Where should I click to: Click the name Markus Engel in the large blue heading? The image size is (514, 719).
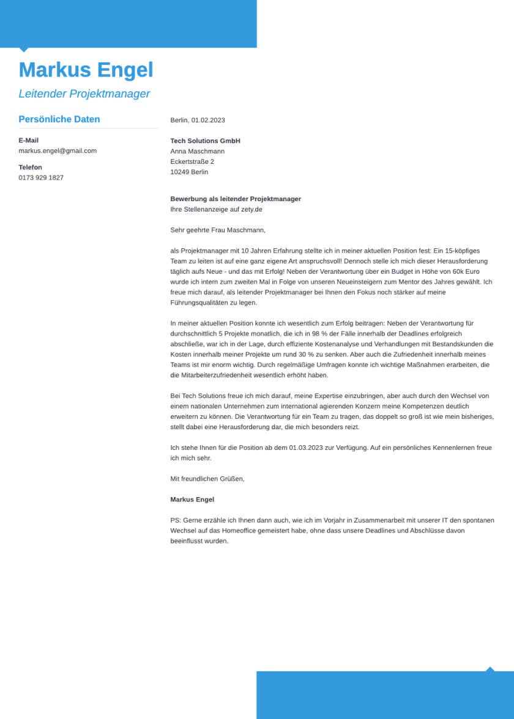coord(86,70)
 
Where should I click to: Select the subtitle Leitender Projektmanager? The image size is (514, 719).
coord(84,94)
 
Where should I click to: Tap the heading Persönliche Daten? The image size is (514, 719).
coord(59,119)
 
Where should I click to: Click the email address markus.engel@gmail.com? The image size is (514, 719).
coord(58,150)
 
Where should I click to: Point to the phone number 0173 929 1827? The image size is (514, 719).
coord(41,177)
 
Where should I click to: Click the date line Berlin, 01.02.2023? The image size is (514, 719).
coord(198,120)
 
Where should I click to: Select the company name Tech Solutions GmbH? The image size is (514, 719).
coord(205,141)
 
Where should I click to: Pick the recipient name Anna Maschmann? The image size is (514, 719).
coord(197,151)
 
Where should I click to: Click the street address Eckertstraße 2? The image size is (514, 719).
coord(192,161)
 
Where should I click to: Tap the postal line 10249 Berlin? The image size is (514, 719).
coord(189,172)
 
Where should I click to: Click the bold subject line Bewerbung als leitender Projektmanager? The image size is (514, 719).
coord(236,199)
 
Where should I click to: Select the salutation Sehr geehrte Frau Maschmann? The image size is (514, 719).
coord(217,230)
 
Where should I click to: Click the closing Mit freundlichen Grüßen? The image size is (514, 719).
coord(207,479)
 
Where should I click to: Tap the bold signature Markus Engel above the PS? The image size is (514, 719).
coord(192,500)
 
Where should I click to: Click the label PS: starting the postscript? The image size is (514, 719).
coord(176,520)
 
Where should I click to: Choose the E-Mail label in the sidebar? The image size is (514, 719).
coord(28,140)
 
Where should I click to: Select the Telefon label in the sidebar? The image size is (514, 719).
coord(30,167)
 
